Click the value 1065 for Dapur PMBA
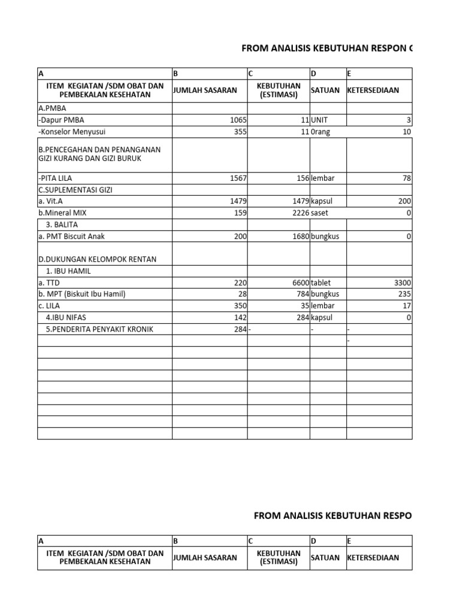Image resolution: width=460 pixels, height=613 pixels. click(238, 120)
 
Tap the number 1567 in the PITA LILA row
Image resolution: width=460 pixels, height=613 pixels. click(238, 178)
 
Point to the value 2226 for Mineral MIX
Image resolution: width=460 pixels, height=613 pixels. click(298, 213)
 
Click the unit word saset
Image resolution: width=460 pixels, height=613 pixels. click(320, 213)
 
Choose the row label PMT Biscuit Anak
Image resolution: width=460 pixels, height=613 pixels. click(71, 236)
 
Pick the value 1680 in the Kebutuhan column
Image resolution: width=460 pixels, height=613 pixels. click(298, 236)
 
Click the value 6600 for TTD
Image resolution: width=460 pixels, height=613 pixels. click(298, 283)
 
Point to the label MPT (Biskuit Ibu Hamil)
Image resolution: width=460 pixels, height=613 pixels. click(82, 294)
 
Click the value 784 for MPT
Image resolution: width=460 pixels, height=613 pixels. click(301, 294)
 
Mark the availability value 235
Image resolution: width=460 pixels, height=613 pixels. click(404, 294)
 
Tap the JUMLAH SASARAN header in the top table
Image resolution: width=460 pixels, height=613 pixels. click(205, 91)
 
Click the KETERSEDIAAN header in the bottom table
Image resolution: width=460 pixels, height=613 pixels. click(373, 558)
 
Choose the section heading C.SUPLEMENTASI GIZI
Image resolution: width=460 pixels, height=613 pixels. click(75, 190)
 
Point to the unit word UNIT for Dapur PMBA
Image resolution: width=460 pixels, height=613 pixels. click(320, 120)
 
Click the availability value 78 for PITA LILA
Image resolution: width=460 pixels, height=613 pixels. click(407, 178)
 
